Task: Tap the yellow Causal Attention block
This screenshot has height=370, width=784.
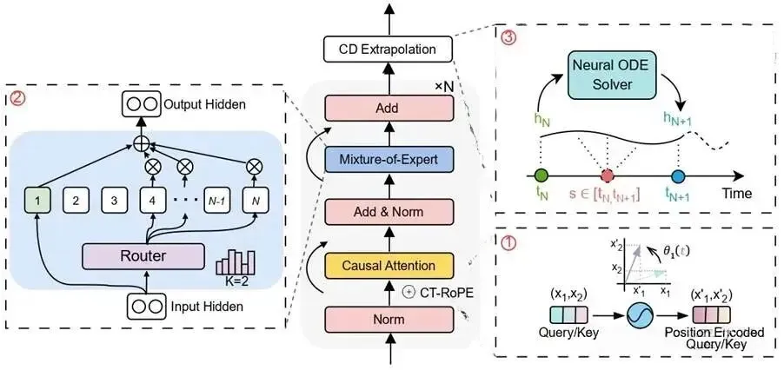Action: coord(389,263)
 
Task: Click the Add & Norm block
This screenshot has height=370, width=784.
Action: coord(389,210)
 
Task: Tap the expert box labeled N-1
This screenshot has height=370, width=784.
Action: coord(217,201)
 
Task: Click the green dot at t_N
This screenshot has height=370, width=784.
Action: coord(541,175)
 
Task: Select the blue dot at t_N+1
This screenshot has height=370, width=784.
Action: coord(679,175)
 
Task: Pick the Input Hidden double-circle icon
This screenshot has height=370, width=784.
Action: coord(145,306)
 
